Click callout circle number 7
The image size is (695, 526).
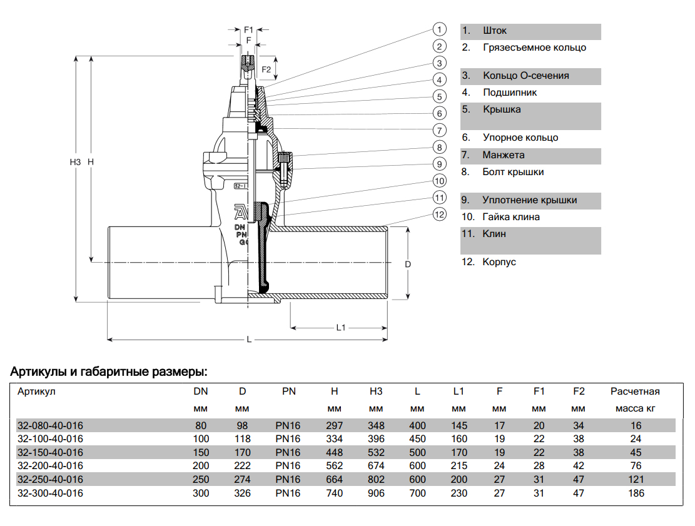pos(440,130)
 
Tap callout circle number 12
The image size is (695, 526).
pos(440,215)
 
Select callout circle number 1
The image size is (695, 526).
pos(440,29)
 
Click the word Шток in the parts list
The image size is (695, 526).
pos(495,31)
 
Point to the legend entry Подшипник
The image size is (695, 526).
pos(510,93)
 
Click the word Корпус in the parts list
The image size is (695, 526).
pos(499,262)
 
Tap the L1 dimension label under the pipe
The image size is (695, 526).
pos(342,327)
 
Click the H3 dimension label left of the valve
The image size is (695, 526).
pos(75,162)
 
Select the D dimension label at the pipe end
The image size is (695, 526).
pos(407,264)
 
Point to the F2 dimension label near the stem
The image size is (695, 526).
pos(266,69)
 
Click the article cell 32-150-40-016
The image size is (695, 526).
pos(50,452)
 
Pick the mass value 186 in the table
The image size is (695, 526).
pos(636,493)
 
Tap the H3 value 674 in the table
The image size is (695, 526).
pos(376,466)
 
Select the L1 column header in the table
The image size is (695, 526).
pos(459,392)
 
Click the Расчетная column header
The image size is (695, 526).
pos(635,392)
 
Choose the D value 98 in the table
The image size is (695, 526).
pos(242,425)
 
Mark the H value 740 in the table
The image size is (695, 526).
pos(335,493)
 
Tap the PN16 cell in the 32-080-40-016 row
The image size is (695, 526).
pos(288,425)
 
